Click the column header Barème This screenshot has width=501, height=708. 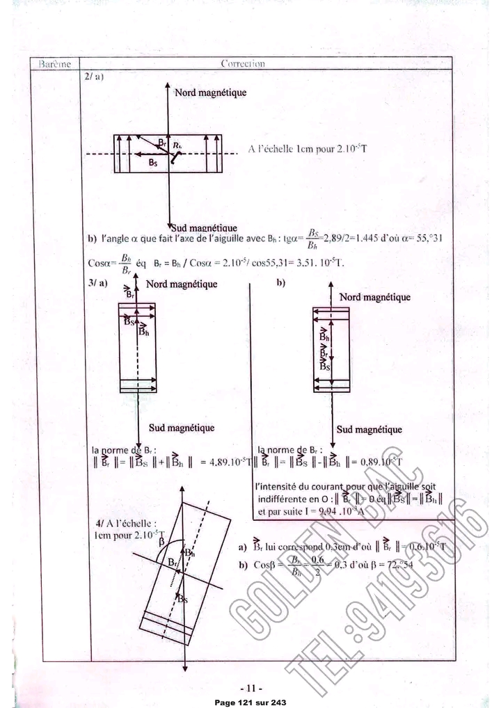point(54,64)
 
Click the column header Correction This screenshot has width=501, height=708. point(242,64)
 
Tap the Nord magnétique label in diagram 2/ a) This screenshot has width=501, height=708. point(209,92)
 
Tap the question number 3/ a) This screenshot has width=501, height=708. point(98,284)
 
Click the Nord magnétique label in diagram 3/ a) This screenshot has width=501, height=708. point(181,284)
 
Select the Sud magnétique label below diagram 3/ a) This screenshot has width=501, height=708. point(181,428)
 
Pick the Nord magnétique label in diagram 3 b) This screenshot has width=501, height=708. point(374,297)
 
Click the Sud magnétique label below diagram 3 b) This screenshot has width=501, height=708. point(369,430)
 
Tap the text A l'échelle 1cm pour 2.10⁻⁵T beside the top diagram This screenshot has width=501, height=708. point(307,150)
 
